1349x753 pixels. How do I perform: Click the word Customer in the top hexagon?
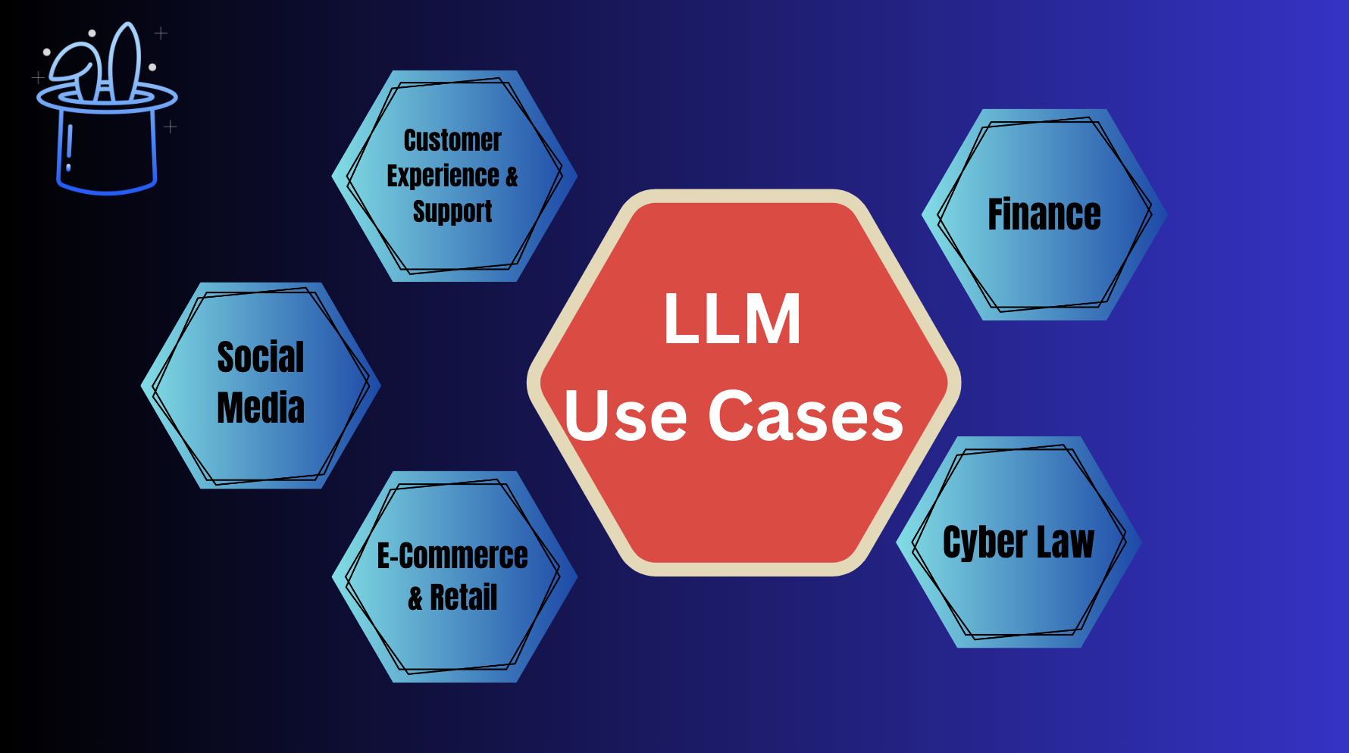pos(452,140)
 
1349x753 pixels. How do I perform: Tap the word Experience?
pos(443,176)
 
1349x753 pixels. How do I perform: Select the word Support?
pos(452,211)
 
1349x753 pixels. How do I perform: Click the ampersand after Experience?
pos(512,177)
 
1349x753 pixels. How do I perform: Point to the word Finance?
pos(1044,214)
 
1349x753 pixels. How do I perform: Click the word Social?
pos(261,357)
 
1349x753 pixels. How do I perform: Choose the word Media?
pos(261,408)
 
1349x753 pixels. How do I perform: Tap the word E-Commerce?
pos(452,556)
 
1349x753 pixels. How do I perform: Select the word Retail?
pos(464,597)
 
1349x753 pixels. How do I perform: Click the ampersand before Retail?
pos(415,598)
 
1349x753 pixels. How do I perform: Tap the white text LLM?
pos(732,319)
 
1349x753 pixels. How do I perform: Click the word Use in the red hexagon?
pos(626,415)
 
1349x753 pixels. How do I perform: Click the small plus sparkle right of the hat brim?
pos(171,127)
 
